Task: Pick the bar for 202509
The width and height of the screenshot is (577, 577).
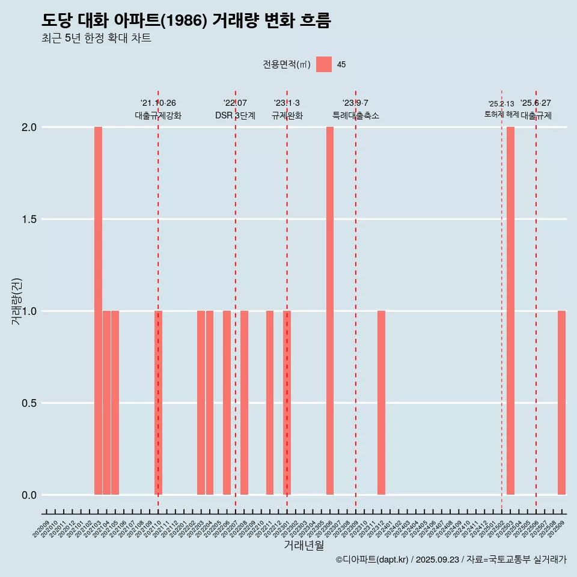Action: [561, 403]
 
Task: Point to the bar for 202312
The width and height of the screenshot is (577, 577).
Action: [381, 403]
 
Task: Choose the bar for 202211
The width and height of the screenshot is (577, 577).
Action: [270, 403]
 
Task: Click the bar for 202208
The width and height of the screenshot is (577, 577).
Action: [244, 403]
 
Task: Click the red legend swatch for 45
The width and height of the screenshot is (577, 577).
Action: [324, 64]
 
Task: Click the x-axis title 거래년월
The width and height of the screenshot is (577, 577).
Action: [304, 546]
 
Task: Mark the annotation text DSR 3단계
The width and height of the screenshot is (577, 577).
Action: [235, 115]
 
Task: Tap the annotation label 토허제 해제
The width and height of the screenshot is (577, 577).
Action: [501, 114]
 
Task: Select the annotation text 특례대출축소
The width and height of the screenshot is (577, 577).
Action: [356, 115]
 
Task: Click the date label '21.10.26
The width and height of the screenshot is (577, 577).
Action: [158, 103]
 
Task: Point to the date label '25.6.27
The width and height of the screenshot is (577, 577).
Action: [536, 103]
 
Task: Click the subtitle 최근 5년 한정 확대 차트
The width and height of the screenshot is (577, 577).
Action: [96, 38]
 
